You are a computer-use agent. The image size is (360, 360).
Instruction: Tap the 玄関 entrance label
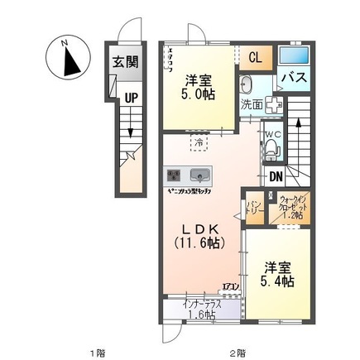[127, 63]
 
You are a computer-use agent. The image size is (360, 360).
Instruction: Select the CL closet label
[257, 56]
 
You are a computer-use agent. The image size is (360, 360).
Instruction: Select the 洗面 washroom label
[252, 106]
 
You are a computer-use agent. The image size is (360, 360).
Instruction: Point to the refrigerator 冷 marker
[199, 143]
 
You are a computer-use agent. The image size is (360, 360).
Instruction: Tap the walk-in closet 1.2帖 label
[290, 206]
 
